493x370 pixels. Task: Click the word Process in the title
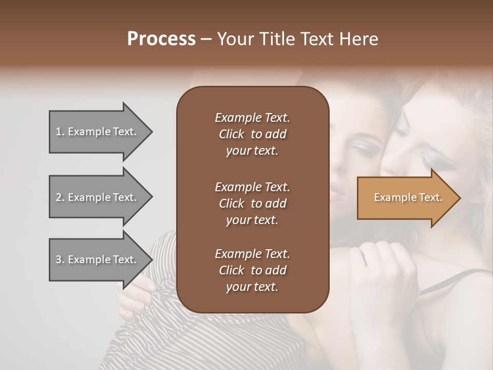coord(161,39)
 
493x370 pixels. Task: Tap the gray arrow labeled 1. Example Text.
coord(98,132)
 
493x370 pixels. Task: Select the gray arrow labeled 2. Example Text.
coord(98,197)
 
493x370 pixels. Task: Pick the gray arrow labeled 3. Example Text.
coord(98,260)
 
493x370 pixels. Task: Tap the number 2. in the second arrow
coord(60,197)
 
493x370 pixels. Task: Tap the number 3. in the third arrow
coord(60,260)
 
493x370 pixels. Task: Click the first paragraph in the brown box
coord(252,134)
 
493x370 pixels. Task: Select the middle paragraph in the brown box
coord(252,203)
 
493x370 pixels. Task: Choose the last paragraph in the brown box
coord(252,270)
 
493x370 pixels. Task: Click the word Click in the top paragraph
coord(232,134)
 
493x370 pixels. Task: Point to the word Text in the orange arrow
coord(430,197)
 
